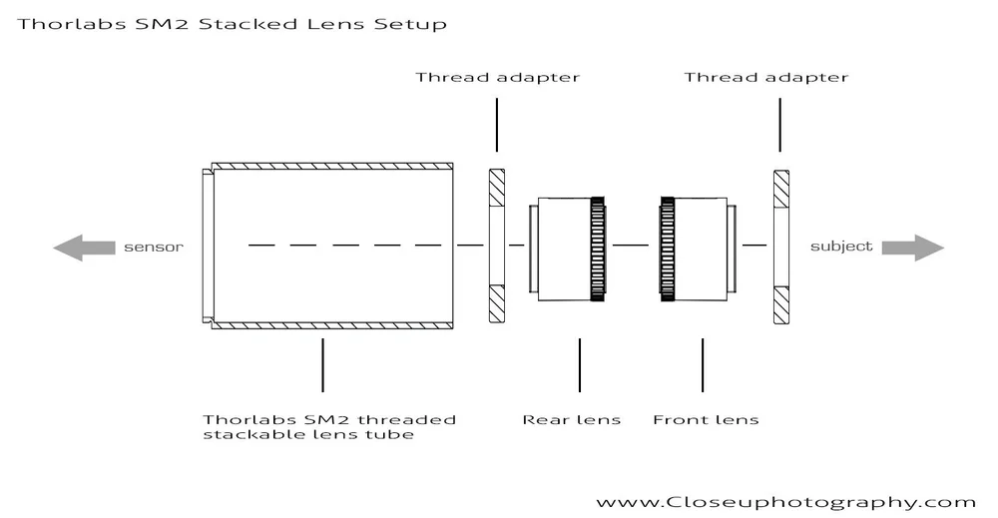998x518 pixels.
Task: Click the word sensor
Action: pos(154,247)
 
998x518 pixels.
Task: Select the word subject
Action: pos(840,247)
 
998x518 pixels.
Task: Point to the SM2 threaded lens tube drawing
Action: pos(329,246)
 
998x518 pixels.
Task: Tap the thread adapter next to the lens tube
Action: pos(496,246)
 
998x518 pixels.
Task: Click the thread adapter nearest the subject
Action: pos(780,246)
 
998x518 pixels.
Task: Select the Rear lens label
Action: pos(571,419)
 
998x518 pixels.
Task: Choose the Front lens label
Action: pos(705,419)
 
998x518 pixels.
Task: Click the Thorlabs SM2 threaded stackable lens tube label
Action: pos(329,427)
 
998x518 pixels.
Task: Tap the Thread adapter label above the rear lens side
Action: pos(497,77)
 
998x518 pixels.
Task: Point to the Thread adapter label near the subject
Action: pos(765,77)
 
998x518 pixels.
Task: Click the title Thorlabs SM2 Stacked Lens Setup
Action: pos(232,22)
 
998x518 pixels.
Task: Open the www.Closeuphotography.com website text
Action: pos(785,502)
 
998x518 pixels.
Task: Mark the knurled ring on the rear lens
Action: pos(599,249)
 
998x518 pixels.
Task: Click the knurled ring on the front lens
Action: pos(667,249)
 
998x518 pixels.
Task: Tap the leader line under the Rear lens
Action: pos(579,364)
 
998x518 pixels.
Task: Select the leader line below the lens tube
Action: pos(322,364)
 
